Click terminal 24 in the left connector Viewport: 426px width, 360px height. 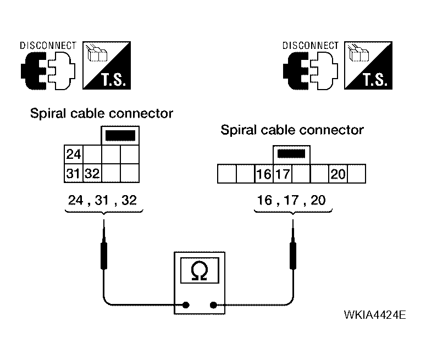pyautogui.click(x=74, y=154)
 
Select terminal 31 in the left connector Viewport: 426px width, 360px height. pyautogui.click(x=74, y=173)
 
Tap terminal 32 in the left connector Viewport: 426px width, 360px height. pyautogui.click(x=92, y=173)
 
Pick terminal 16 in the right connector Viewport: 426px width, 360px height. pyautogui.click(x=264, y=174)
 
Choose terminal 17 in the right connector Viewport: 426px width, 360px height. pyautogui.click(x=283, y=174)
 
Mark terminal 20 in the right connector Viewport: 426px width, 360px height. pyautogui.click(x=338, y=174)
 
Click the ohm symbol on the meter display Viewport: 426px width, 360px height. pyautogui.click(x=200, y=270)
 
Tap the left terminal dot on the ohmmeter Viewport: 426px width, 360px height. pyautogui.click(x=186, y=305)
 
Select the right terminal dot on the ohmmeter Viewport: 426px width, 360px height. pyautogui.click(x=213, y=305)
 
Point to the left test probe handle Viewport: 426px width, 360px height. pyautogui.click(x=104, y=256)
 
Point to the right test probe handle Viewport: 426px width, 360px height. pyautogui.click(x=293, y=256)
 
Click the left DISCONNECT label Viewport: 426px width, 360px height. pyautogui.click(x=48, y=46)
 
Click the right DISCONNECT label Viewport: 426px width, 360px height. pyautogui.click(x=311, y=46)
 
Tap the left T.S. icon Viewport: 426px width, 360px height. pyautogui.click(x=107, y=65)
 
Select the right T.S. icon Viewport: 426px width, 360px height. pyautogui.click(x=368, y=65)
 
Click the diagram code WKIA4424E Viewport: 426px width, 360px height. pyautogui.click(x=375, y=315)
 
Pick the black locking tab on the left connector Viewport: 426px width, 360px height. pyautogui.click(x=120, y=136)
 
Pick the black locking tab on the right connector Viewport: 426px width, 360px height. pyautogui.click(x=291, y=154)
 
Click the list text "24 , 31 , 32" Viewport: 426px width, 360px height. pyautogui.click(x=102, y=200)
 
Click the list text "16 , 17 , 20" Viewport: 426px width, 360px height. pyautogui.click(x=291, y=200)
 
